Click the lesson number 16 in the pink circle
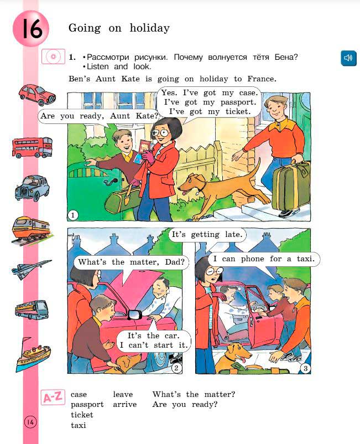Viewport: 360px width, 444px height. point(31,29)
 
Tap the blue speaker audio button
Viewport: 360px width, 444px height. point(348,58)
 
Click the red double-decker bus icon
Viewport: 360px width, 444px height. point(32,147)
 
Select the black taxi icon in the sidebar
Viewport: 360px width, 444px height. point(32,188)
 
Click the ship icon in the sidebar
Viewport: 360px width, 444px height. point(33,354)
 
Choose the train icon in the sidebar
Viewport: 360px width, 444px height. point(32,229)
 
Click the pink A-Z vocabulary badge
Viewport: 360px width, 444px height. point(53,397)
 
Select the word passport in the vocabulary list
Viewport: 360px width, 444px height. point(87,405)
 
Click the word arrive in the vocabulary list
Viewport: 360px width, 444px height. point(124,405)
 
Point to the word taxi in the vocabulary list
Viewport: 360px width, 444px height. point(79,425)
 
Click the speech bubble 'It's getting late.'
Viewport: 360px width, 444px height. point(206,235)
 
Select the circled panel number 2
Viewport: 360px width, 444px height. point(176,368)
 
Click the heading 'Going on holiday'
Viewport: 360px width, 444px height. point(118,28)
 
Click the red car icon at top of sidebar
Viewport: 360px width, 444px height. point(36,94)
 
